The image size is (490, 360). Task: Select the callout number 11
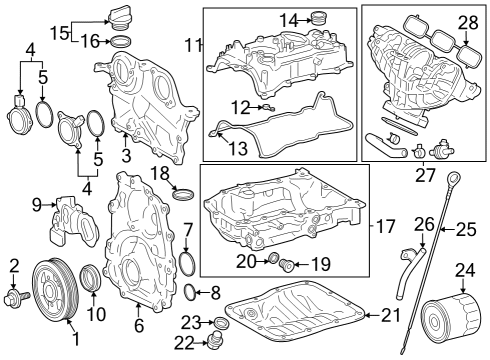pos(193,45)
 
